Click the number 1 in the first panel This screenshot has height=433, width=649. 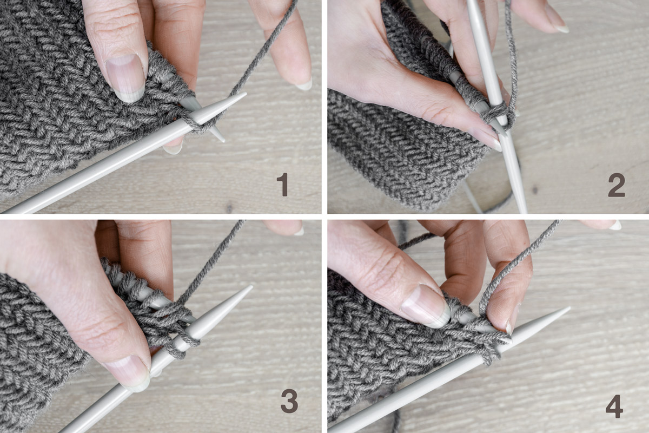coord(282,185)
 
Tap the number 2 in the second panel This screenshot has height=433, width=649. coord(616,185)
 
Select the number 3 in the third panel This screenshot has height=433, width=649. coord(289,401)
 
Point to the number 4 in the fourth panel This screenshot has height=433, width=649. coord(614,406)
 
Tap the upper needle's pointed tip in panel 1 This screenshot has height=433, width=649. coord(245,94)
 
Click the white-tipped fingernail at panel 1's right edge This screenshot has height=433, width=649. coord(303,84)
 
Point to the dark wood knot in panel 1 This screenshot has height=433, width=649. coord(229,207)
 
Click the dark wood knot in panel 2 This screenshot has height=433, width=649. coord(534,190)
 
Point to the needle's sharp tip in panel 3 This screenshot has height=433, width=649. coord(251,286)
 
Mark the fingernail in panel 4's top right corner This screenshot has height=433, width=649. coord(615,225)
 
